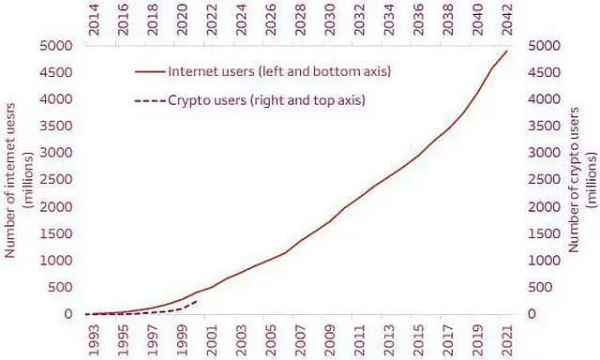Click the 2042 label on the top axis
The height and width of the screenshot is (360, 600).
[x=507, y=21]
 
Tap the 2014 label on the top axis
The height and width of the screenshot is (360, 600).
[x=94, y=21]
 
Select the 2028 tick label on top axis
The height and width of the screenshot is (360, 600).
[x=300, y=21]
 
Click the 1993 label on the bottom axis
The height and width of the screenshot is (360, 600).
[x=94, y=340]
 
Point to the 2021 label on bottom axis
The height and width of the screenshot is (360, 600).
[x=507, y=340]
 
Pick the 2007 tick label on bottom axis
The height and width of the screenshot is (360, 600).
[x=300, y=340]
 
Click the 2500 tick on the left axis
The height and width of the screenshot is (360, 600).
[x=56, y=179]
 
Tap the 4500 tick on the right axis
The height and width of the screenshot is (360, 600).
[x=544, y=72]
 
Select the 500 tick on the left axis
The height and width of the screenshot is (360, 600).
[x=60, y=287]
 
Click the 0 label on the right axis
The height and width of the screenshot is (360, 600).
[x=532, y=314]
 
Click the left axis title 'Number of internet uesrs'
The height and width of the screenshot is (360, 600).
[x=9, y=180]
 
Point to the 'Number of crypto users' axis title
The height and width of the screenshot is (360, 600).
[x=573, y=180]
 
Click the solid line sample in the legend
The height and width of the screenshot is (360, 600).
[x=150, y=71]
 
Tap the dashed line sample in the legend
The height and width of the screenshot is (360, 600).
[x=150, y=100]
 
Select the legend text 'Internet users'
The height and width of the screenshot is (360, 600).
[x=211, y=71]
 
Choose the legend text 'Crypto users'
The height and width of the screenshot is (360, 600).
[x=207, y=100]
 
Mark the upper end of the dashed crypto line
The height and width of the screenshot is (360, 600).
[x=197, y=301]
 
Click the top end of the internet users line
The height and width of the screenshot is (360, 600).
[x=507, y=51]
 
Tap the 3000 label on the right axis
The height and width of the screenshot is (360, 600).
[x=544, y=153]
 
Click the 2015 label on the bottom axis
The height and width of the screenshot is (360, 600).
[x=419, y=340]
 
